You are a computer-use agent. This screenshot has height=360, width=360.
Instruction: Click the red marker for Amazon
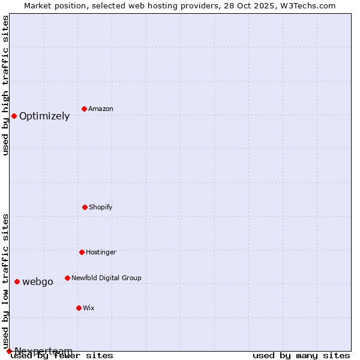click(x=84, y=109)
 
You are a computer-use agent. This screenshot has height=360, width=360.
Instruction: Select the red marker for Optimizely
click(x=14, y=116)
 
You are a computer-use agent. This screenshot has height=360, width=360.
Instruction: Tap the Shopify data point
click(x=85, y=207)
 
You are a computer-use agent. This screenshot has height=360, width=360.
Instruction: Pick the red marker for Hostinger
click(x=82, y=252)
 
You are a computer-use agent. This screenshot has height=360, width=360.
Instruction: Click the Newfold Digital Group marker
click(x=67, y=278)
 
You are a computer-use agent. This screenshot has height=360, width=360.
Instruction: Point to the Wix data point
click(x=79, y=308)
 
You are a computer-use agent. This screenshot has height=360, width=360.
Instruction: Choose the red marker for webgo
click(x=17, y=281)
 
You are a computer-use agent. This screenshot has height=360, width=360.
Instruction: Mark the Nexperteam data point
click(x=9, y=351)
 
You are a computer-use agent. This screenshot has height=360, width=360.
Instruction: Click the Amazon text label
click(x=101, y=109)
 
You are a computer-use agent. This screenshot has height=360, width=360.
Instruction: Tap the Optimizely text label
click(x=44, y=116)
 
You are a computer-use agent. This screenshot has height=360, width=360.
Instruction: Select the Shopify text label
click(x=101, y=207)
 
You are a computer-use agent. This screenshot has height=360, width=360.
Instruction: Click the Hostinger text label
click(x=101, y=252)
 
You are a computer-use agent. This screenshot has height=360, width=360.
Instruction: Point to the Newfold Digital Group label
click(x=106, y=278)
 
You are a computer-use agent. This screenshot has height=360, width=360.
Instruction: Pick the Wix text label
click(x=89, y=308)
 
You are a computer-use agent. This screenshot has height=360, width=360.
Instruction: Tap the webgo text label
click(x=38, y=281)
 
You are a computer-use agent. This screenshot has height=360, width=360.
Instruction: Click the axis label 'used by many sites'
click(x=301, y=355)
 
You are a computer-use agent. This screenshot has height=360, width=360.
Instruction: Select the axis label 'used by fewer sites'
click(x=62, y=355)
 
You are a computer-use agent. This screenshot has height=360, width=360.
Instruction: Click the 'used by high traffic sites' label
click(x=5, y=85)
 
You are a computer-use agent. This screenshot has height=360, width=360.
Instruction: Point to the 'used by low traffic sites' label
click(x=5, y=281)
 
